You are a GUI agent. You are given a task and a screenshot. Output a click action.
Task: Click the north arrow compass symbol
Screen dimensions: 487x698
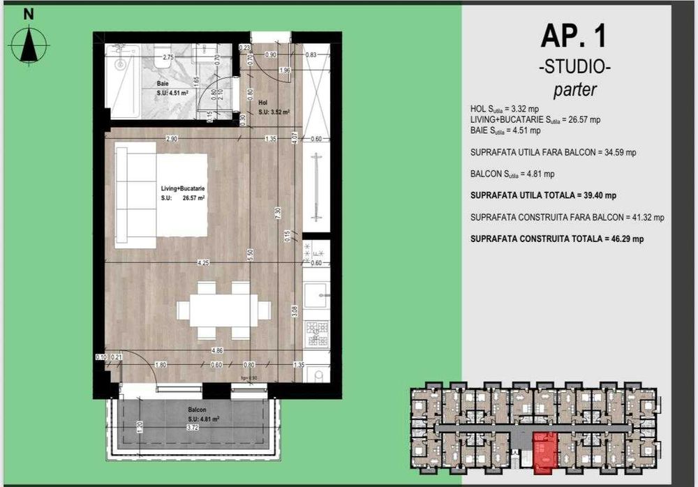pyautogui.click(x=29, y=43)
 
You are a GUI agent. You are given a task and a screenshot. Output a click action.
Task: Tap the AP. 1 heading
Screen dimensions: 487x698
pyautogui.click(x=574, y=37)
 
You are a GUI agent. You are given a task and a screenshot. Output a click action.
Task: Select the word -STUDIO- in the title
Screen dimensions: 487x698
pyautogui.click(x=574, y=68)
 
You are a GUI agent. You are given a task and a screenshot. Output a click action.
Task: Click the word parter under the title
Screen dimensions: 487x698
pyautogui.click(x=574, y=89)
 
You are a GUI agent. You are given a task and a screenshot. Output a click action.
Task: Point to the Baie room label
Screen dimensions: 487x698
pyautogui.click(x=163, y=84)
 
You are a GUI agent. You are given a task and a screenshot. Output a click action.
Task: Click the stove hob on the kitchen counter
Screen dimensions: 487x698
pyautogui.click(x=317, y=334)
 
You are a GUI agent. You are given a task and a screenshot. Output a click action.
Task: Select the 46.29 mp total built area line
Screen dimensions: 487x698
pyautogui.click(x=557, y=239)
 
